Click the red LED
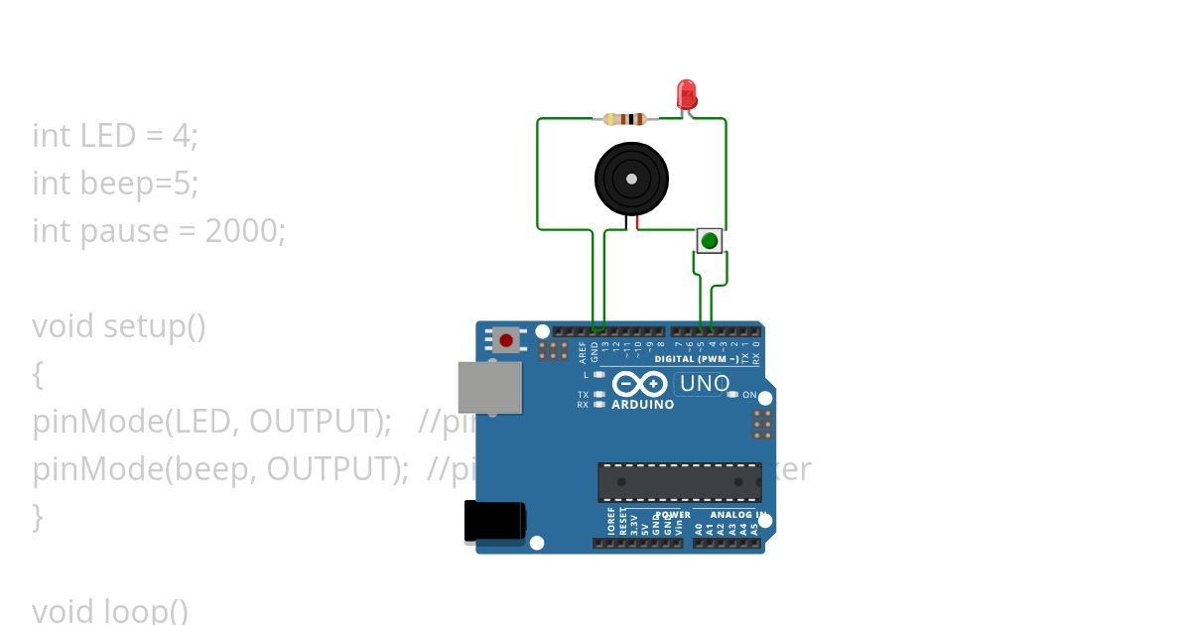click(687, 95)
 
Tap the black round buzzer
click(630, 178)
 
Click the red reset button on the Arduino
click(506, 340)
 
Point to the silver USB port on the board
click(489, 387)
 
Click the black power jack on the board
click(494, 521)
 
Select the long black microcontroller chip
click(679, 481)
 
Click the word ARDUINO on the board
click(642, 405)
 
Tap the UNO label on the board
click(703, 383)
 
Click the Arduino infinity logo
click(640, 384)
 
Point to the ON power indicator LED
click(732, 395)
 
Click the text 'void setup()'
click(119, 326)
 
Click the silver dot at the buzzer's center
click(630, 178)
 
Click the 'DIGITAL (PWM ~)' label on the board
click(696, 359)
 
